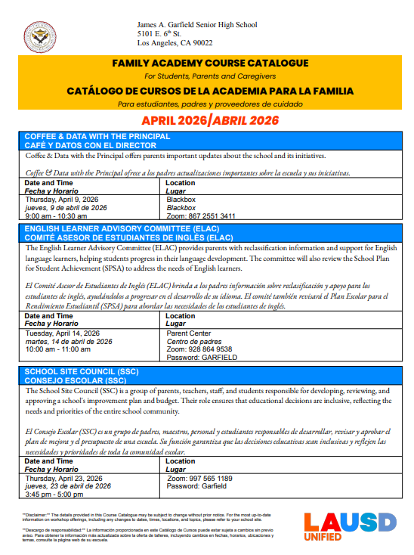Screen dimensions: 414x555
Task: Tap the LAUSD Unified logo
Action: click(x=349, y=526)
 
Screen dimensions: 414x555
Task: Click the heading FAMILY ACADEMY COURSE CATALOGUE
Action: click(x=209, y=62)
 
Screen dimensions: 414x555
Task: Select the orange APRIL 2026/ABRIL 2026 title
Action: click(x=210, y=121)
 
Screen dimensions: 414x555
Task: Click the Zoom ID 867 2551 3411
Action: click(x=201, y=215)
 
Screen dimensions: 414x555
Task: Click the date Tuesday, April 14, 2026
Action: click(x=63, y=333)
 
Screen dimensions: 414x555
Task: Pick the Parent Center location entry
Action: click(x=190, y=333)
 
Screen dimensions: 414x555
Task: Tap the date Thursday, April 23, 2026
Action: click(x=64, y=479)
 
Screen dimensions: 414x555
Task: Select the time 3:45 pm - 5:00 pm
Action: click(x=55, y=495)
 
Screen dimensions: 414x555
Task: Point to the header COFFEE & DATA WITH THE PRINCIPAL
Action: click(x=97, y=136)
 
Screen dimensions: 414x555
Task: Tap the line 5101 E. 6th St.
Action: click(x=159, y=35)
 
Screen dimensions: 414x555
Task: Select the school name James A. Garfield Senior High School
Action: click(x=197, y=25)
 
